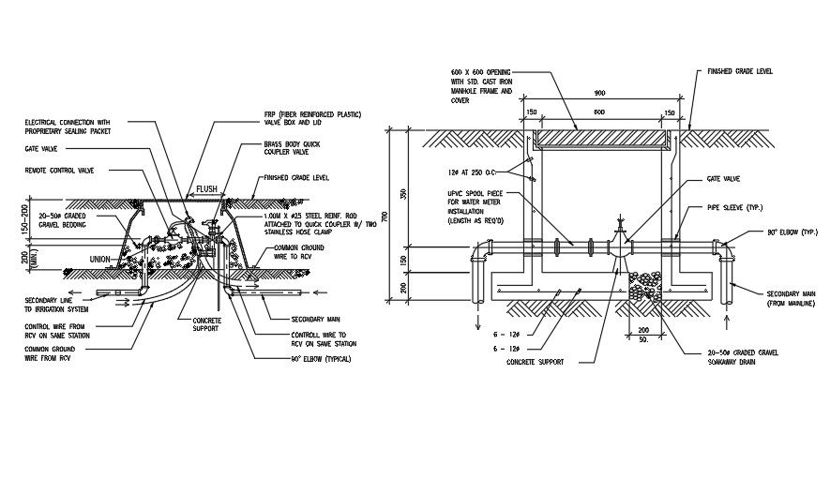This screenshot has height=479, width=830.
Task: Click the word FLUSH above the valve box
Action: coord(206,188)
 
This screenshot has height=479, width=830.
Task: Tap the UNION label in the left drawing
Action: coord(99,259)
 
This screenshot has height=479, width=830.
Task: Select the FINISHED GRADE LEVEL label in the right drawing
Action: coord(739,71)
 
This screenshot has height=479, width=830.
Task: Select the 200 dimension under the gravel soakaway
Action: coord(643,331)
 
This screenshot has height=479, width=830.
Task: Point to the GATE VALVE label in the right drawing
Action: coord(724,177)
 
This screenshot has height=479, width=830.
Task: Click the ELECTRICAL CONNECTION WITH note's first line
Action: coord(67,122)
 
